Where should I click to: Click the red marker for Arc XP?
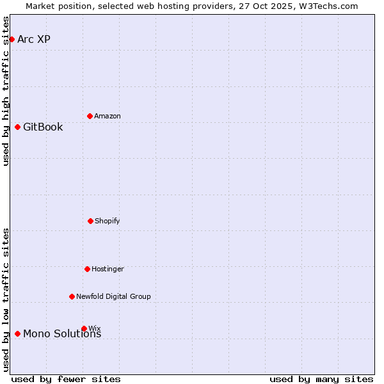pyautogui.click(x=12, y=39)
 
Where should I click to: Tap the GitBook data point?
pyautogui.click(x=17, y=127)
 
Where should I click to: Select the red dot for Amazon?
pyautogui.click(x=90, y=116)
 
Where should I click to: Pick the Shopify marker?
pyautogui.click(x=90, y=221)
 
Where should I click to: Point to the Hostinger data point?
pyautogui.click(x=87, y=269)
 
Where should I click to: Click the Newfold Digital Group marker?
pyautogui.click(x=72, y=296)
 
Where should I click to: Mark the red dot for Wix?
pyautogui.click(x=84, y=328)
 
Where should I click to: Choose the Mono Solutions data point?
pyautogui.click(x=17, y=333)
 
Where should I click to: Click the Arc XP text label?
pyautogui.click(x=34, y=39)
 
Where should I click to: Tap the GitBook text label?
pyautogui.click(x=43, y=127)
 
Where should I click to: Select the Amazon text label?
pyautogui.click(x=108, y=116)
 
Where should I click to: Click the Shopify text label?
pyautogui.click(x=108, y=221)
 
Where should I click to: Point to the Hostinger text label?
pyautogui.click(x=108, y=269)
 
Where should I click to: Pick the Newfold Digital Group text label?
pyautogui.click(x=113, y=296)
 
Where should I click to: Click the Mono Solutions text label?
pyautogui.click(x=62, y=333)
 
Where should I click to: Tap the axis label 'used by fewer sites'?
pyautogui.click(x=66, y=379)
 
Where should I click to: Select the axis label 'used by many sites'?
pyautogui.click(x=321, y=379)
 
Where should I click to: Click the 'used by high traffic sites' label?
pyautogui.click(x=6, y=91)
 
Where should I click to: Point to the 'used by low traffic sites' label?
pyautogui.click(x=6, y=300)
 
